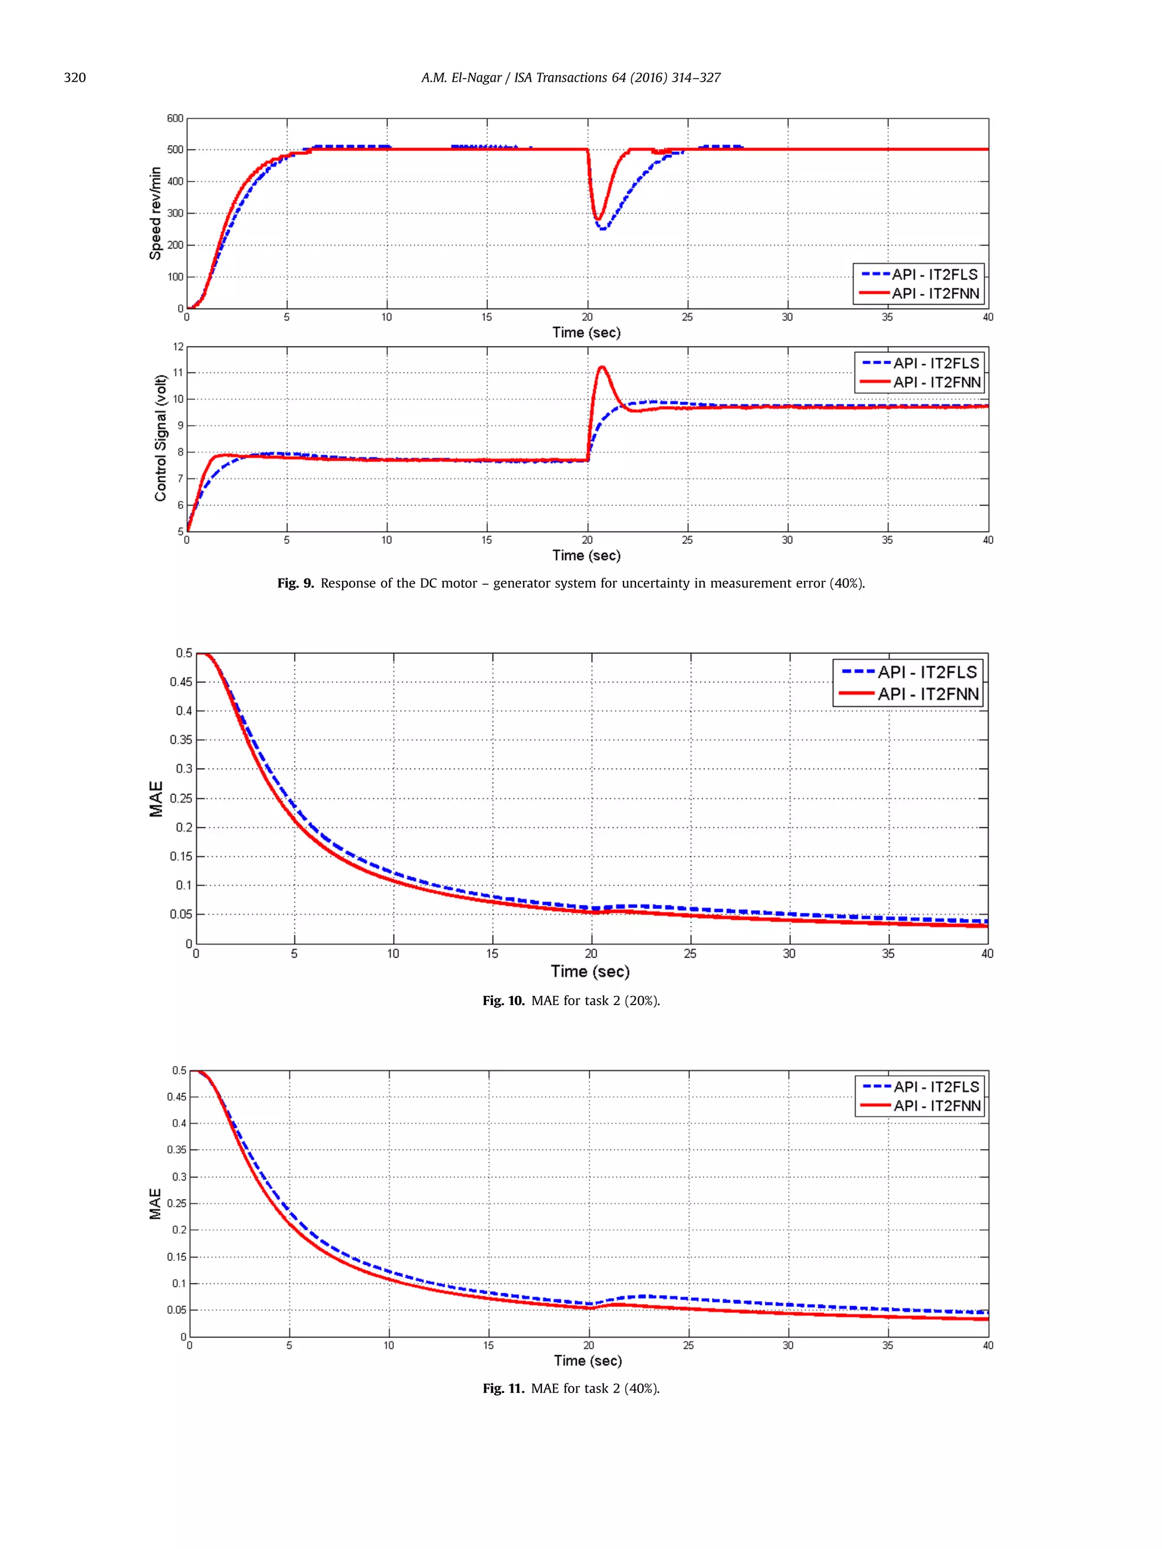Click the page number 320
pyautogui.click(x=74, y=78)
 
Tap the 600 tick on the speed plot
pyautogui.click(x=175, y=119)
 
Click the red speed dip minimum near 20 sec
pyautogui.click(x=598, y=218)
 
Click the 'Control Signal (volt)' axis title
pyautogui.click(x=161, y=438)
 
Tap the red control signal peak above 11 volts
pyautogui.click(x=601, y=367)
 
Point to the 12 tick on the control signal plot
pyautogui.click(x=179, y=347)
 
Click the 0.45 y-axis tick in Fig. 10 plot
pyautogui.click(x=180, y=682)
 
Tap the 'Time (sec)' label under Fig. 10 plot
pyautogui.click(x=590, y=971)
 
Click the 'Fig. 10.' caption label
pyautogui.click(x=502, y=1001)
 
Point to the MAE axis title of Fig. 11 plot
pyautogui.click(x=155, y=1204)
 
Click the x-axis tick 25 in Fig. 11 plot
pyautogui.click(x=688, y=1345)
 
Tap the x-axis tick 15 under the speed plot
pyautogui.click(x=487, y=317)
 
